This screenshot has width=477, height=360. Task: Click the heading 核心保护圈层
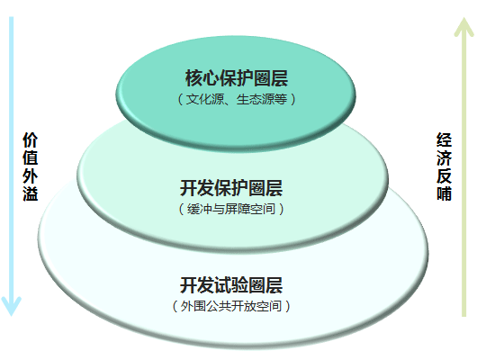(x=237, y=78)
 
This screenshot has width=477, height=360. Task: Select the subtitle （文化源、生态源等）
(x=237, y=99)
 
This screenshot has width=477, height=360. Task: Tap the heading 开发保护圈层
(x=231, y=188)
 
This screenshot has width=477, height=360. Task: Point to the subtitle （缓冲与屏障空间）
(x=231, y=209)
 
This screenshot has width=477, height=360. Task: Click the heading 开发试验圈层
(x=231, y=285)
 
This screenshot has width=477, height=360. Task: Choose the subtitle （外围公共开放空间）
(x=231, y=306)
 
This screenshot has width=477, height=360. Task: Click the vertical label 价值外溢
(x=30, y=166)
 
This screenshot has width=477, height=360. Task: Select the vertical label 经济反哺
(x=444, y=166)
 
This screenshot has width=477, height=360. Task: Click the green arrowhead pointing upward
(x=463, y=27)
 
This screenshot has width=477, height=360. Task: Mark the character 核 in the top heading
(x=193, y=78)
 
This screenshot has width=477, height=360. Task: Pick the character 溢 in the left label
(x=30, y=193)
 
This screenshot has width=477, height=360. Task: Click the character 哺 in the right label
(x=444, y=193)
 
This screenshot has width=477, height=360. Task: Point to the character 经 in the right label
(x=444, y=140)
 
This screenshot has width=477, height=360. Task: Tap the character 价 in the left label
(x=30, y=140)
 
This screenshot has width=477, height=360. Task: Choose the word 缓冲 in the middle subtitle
(x=199, y=209)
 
